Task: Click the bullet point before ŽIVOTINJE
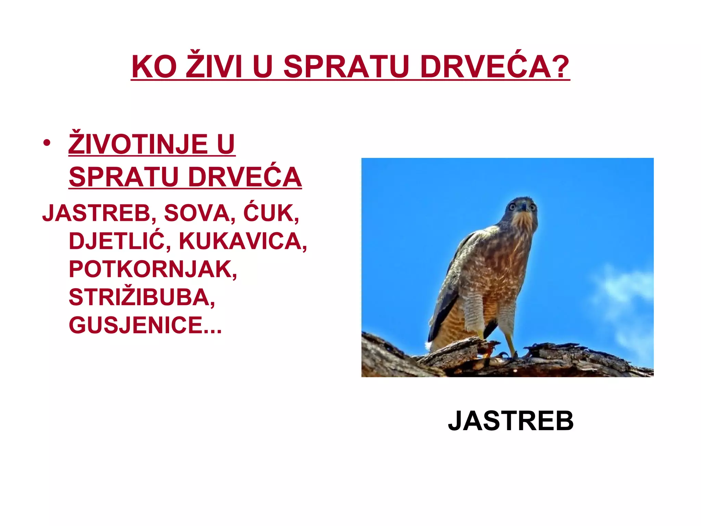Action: pyautogui.click(x=47, y=143)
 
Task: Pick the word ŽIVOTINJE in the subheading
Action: pyautogui.click(x=138, y=145)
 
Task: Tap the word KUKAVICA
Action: pyautogui.click(x=242, y=241)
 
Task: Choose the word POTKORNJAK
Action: pyautogui.click(x=152, y=269)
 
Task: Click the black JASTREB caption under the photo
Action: pyautogui.click(x=511, y=421)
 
